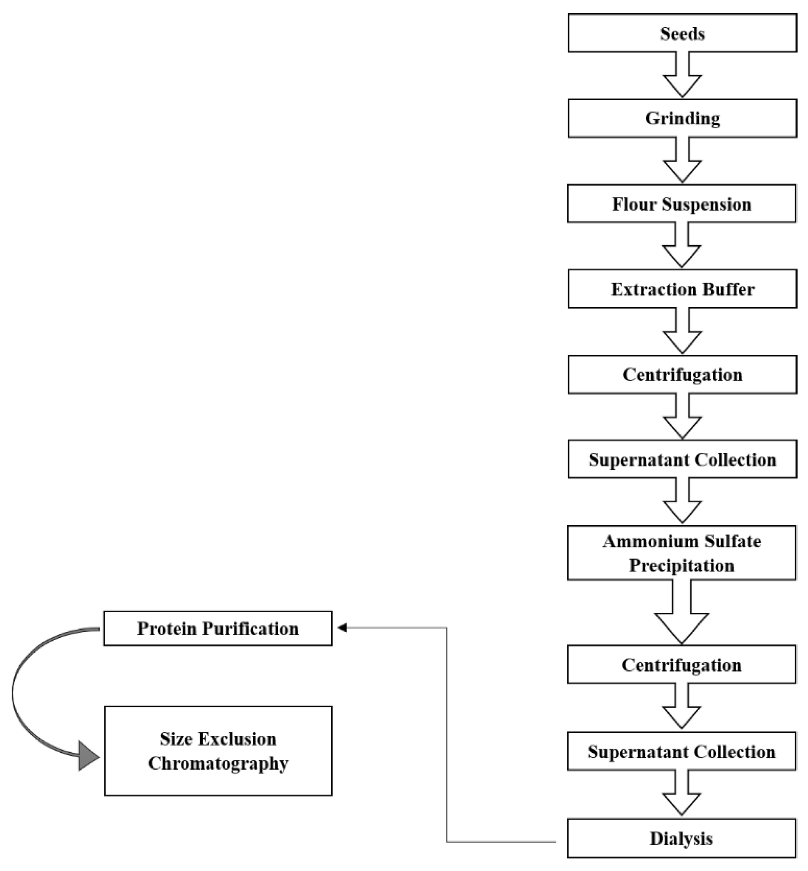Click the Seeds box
click(x=682, y=33)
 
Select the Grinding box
click(x=682, y=118)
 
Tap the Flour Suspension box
click(x=681, y=204)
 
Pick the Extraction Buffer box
click(x=682, y=289)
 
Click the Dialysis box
click(x=681, y=838)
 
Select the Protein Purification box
click(x=218, y=628)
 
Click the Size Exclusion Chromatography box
click(x=218, y=751)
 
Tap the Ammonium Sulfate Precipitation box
click(x=681, y=553)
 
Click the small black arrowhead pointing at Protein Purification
click(x=342, y=628)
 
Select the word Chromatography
click(x=218, y=764)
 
